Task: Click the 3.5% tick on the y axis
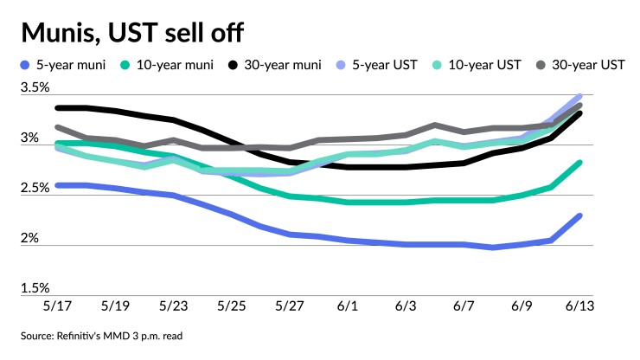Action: click(x=35, y=88)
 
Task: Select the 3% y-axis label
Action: click(x=30, y=138)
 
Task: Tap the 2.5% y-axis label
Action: click(x=35, y=189)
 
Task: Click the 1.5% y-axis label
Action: click(x=35, y=288)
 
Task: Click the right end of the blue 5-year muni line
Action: click(x=579, y=215)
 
